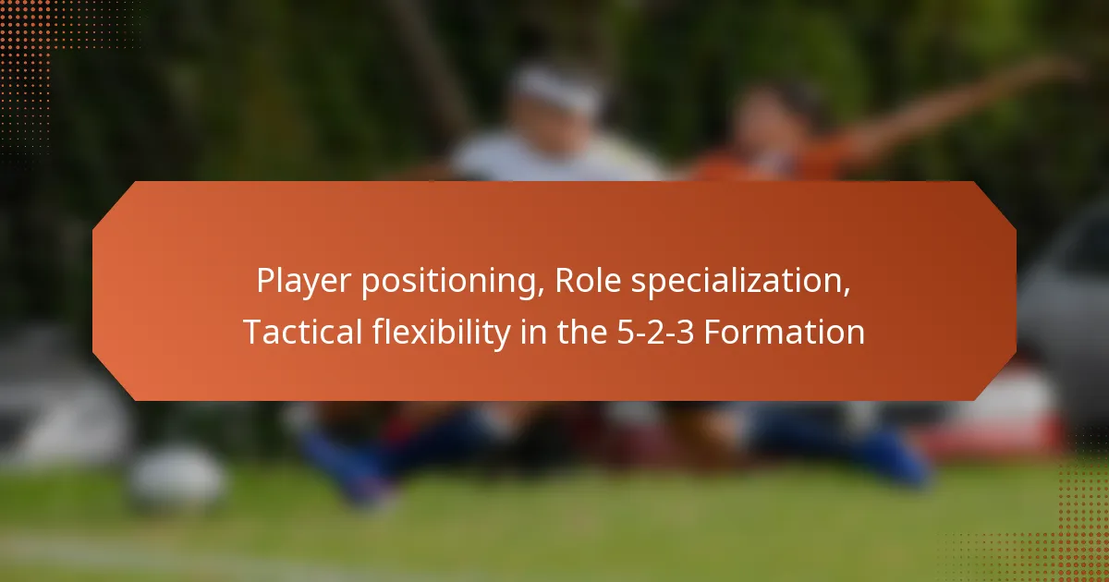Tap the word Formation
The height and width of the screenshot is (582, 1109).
(x=785, y=333)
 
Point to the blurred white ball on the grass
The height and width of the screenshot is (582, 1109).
(x=176, y=476)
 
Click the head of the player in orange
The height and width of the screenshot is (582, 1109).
(x=767, y=115)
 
